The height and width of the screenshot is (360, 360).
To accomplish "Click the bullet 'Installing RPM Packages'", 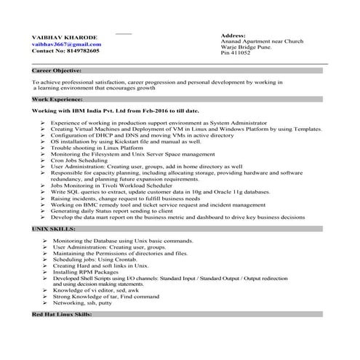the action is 84,273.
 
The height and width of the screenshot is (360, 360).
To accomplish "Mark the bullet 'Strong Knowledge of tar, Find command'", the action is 105,296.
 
